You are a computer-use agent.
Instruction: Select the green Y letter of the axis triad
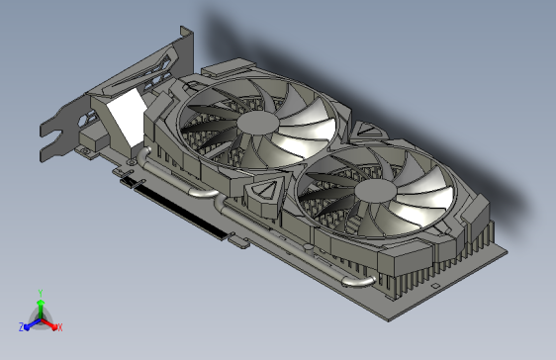click(x=40, y=293)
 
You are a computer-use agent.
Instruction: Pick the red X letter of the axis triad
click(x=59, y=326)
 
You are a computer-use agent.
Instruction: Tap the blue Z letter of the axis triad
click(x=21, y=326)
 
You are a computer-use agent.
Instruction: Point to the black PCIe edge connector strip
click(x=177, y=211)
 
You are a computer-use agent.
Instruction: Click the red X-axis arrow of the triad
click(x=50, y=322)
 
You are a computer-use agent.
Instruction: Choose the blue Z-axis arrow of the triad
click(x=31, y=322)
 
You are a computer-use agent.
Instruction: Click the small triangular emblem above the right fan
click(x=362, y=130)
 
